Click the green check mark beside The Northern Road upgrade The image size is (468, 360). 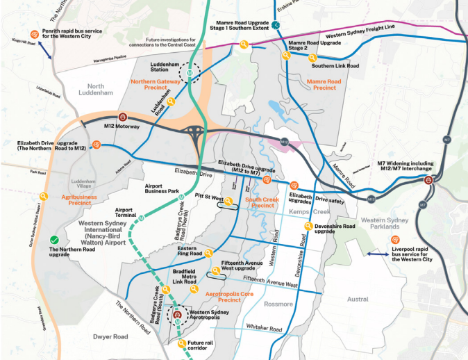tap(53, 241)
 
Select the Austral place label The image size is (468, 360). tap(357, 299)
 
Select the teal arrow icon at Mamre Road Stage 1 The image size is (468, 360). tap(276, 26)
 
